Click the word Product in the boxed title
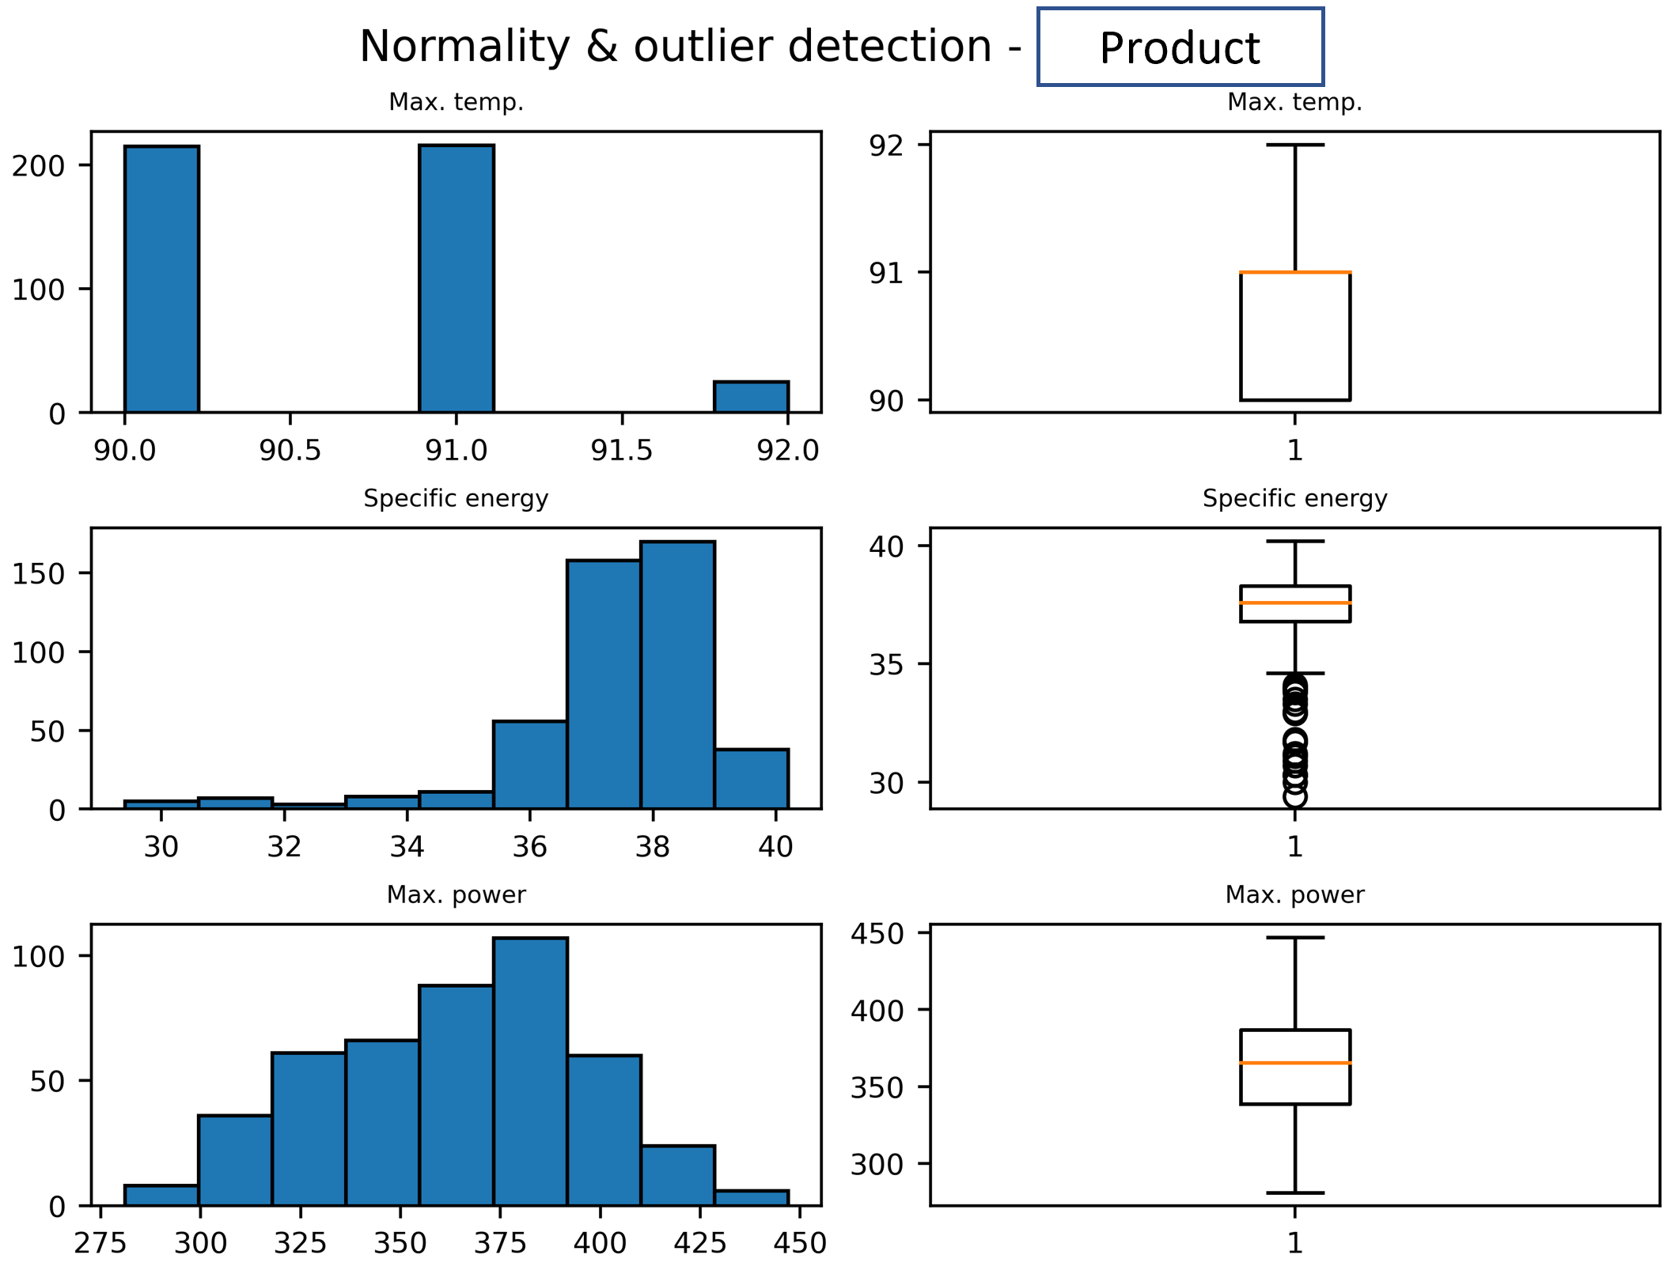[1179, 48]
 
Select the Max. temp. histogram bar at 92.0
[751, 397]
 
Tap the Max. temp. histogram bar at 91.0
[457, 278]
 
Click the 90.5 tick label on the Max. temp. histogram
[290, 450]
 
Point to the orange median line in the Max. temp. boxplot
[1294, 272]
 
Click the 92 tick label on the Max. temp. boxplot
[886, 146]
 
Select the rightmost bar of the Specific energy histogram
[751, 779]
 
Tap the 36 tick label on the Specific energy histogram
[529, 847]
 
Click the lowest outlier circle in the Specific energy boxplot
[1294, 797]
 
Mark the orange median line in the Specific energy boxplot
[1294, 603]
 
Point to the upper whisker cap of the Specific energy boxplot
[1294, 542]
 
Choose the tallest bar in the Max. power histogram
[530, 1072]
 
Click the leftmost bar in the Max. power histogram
[161, 1195]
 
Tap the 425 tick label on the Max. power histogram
[699, 1243]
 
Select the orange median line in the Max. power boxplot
[1294, 1063]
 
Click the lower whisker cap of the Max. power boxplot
[1294, 1193]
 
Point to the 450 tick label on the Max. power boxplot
[877, 934]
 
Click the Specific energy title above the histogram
[456, 498]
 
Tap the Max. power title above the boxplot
[1294, 894]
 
